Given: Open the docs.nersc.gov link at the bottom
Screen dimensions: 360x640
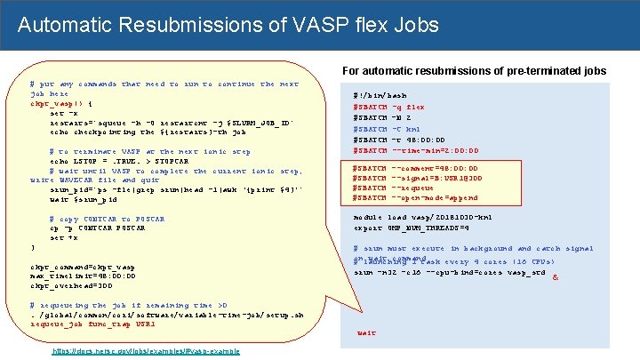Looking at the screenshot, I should [147, 352].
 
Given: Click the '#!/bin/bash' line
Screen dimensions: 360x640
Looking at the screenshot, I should [380, 95].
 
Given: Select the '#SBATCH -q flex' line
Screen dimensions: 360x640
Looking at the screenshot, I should [389, 106].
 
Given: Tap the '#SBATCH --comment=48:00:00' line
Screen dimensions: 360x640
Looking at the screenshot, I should [415, 168].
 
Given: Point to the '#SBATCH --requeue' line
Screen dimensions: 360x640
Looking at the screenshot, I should [394, 188].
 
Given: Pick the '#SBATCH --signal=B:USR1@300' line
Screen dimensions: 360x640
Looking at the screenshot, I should [418, 178].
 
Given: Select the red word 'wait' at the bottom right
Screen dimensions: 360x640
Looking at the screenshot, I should [365, 333].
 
